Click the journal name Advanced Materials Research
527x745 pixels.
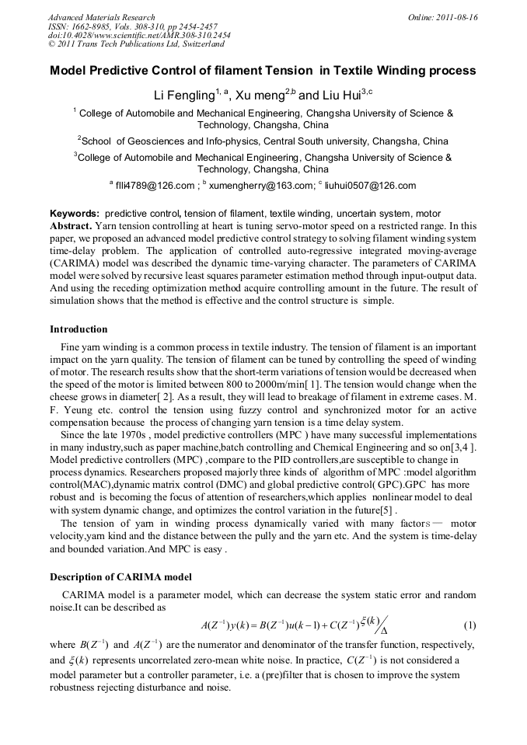[101, 17]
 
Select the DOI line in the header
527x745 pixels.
[139, 36]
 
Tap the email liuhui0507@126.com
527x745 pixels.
[370, 186]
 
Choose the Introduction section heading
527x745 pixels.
[79, 329]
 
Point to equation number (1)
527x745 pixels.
[469, 625]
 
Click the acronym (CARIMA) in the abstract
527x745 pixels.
[78, 263]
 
